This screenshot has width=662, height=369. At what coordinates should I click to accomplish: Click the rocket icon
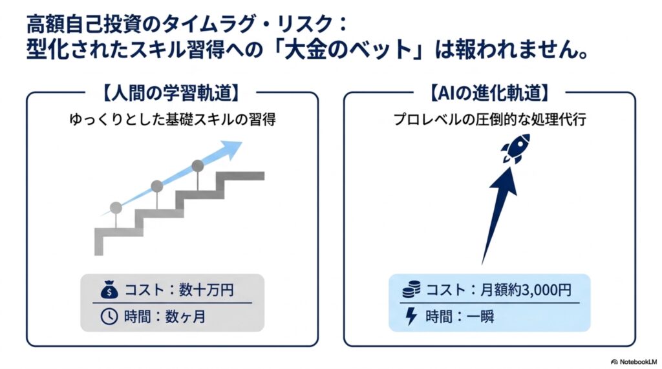pos(515,149)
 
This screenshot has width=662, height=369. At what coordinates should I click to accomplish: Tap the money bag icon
pos(109,290)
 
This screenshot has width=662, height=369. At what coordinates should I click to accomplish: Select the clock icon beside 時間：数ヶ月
pos(109,316)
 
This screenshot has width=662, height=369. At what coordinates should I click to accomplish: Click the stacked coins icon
pos(411,290)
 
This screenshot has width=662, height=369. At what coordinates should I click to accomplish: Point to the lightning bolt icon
pos(411,316)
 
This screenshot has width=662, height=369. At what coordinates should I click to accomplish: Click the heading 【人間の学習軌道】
pos(171,93)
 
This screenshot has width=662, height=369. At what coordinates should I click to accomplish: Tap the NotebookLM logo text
pos(634,362)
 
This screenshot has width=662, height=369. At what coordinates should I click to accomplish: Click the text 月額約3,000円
pos(526,290)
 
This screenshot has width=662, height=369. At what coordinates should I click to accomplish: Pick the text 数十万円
pos(206,290)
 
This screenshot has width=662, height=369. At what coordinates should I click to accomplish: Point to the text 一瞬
pos(480,317)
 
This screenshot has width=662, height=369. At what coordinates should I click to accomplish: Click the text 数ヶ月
pos(185,317)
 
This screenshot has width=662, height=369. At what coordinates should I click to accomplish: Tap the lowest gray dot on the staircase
pos(116,207)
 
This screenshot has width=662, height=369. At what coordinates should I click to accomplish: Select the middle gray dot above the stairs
pos(156,185)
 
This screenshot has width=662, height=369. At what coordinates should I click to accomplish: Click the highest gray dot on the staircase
pos(198,165)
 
